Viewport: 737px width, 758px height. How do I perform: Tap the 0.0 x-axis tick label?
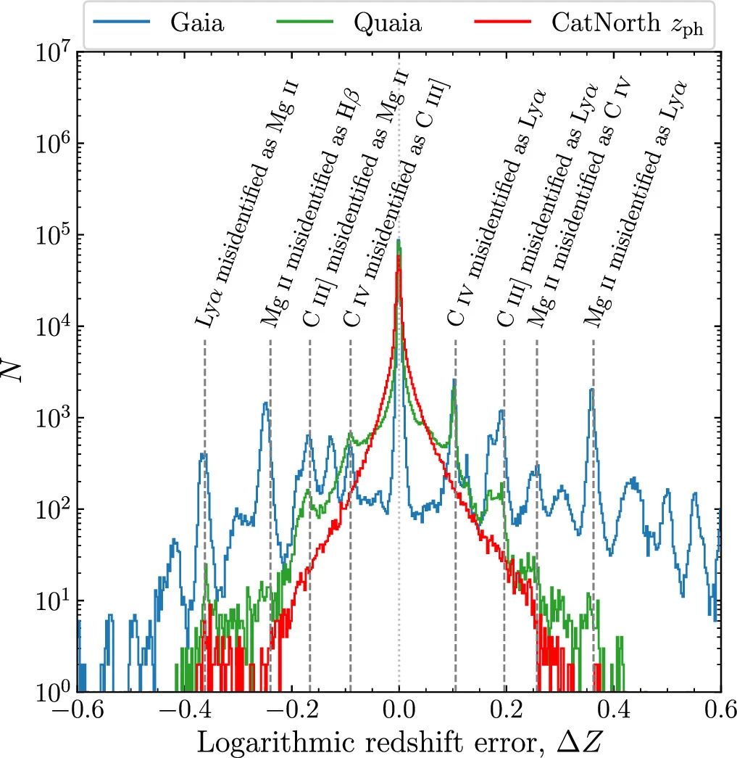point(399,713)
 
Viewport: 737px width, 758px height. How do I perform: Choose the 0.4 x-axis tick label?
point(613,713)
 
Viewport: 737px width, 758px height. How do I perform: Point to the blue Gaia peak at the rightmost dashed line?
point(592,389)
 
